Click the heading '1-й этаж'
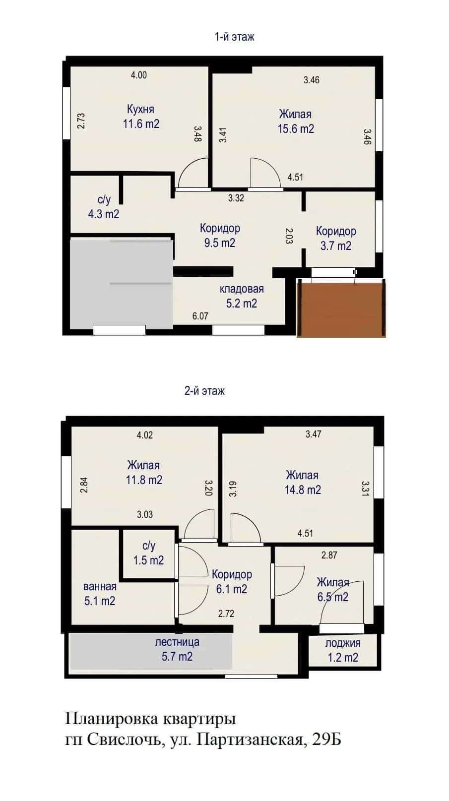[x=234, y=37]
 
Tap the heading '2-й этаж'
[x=204, y=391]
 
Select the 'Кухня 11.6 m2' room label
[x=141, y=117]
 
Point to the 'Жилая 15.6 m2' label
[x=296, y=121]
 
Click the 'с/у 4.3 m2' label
[x=103, y=207]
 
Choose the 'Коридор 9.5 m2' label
[x=220, y=235]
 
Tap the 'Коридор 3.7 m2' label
[x=336, y=239]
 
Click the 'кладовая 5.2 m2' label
[x=242, y=296]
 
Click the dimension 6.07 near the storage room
[x=200, y=316]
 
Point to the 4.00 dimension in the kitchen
[x=139, y=75]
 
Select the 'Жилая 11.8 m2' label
[x=144, y=472]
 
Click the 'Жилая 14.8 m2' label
[x=303, y=483]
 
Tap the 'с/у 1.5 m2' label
[x=148, y=553]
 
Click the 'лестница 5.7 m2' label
[x=177, y=649]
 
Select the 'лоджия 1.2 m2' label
[x=343, y=650]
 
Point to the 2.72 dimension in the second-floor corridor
[x=226, y=614]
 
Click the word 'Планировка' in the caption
[x=111, y=718]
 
